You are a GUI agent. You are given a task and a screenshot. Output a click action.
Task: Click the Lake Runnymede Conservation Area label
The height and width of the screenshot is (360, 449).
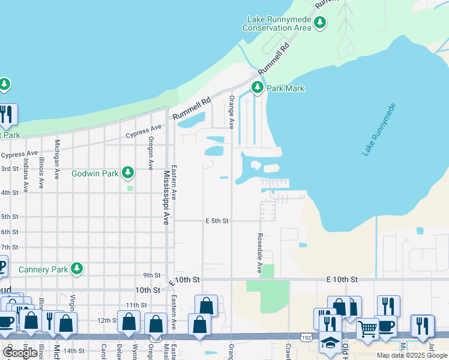(277, 23)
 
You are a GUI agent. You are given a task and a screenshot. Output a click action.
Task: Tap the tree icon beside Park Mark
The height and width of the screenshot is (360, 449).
(258, 88)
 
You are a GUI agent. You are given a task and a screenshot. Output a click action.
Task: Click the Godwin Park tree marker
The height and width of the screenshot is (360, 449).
(127, 173)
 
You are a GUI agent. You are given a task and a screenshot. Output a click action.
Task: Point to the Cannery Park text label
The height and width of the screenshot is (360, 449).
(43, 269)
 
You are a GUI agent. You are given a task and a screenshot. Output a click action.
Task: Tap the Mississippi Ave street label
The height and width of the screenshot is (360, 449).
(166, 197)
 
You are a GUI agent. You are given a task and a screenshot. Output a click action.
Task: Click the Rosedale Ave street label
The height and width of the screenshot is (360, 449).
(260, 253)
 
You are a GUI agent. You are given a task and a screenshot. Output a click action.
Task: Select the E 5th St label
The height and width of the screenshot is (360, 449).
(217, 221)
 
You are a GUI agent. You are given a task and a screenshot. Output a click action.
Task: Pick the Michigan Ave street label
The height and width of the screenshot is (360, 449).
(58, 157)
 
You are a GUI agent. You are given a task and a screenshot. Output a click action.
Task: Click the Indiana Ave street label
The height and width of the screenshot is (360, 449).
(26, 175)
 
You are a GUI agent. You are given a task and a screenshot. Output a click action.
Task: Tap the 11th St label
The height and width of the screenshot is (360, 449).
(136, 305)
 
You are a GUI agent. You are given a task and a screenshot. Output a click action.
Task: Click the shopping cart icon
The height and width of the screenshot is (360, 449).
(367, 328)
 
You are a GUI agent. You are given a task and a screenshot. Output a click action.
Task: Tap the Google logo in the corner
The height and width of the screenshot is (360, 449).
(20, 352)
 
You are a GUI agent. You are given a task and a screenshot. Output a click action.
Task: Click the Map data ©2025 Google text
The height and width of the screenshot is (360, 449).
(411, 355)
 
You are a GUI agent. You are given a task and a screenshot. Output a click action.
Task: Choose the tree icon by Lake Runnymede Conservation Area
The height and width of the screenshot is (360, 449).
(320, 23)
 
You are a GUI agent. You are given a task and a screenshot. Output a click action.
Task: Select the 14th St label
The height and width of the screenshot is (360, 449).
(74, 350)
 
